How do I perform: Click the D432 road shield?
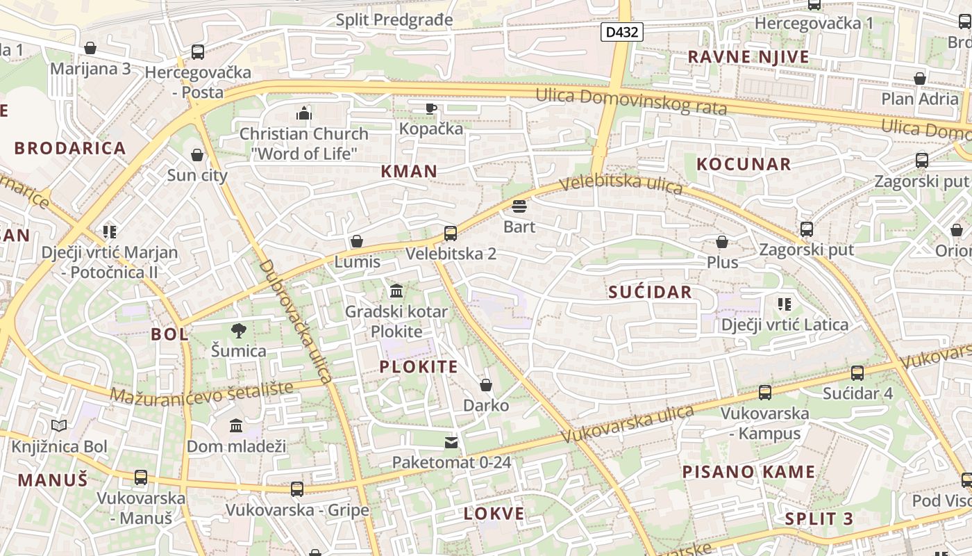pos(622,32)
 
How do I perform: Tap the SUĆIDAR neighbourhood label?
pos(650,292)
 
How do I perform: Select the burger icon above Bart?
pos(519,206)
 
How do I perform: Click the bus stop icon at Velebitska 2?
pos(451,234)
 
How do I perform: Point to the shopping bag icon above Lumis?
pos(357,241)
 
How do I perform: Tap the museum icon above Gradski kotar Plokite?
pos(396,291)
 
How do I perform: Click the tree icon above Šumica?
pos(239,330)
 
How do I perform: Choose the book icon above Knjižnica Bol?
pos(59,425)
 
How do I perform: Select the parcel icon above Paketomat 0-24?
pos(451,442)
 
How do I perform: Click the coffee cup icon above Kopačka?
pos(430,108)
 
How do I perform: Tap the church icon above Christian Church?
pos(303,113)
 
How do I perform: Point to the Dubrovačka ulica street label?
pos(294,321)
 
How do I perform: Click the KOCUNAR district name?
pos(744,164)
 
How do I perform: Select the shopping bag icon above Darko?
pos(486,385)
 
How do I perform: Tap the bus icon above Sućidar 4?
pos(857,373)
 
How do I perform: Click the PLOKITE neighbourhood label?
pos(419,367)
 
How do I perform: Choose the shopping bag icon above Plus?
pos(722,242)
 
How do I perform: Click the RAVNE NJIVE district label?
pos(748,57)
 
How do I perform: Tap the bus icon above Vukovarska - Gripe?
pos(297,489)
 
